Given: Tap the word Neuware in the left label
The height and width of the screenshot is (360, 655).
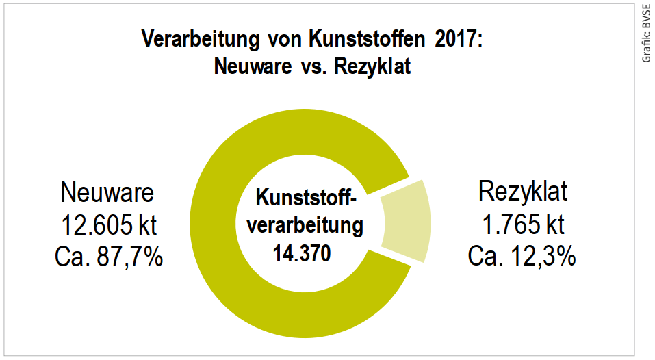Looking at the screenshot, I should [107, 192].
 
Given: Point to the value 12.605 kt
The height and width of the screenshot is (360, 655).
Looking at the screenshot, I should [107, 225].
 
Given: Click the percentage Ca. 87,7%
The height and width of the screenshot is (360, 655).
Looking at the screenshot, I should [107, 257].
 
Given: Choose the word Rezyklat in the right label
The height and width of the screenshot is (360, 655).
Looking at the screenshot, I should [522, 192].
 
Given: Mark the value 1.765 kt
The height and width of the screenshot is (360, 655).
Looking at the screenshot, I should [522, 224].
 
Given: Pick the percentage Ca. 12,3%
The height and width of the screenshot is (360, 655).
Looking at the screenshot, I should [522, 257].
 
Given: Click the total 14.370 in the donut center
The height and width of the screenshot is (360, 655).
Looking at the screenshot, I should [301, 254].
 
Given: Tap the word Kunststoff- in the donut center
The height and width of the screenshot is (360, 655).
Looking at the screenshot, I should [306, 198].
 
